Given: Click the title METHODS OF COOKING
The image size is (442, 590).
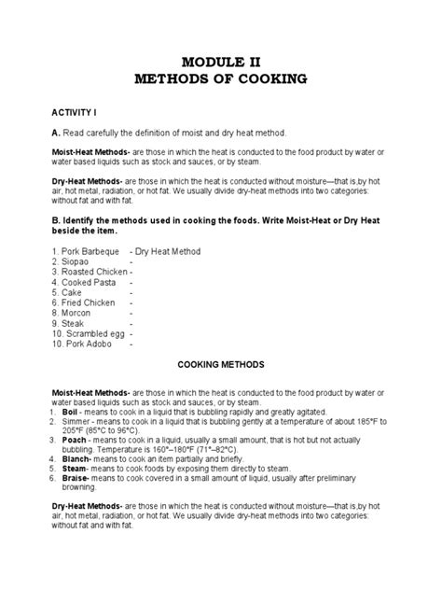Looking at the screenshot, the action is (221, 79).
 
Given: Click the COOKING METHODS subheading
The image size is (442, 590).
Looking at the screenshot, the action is (221, 365).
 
